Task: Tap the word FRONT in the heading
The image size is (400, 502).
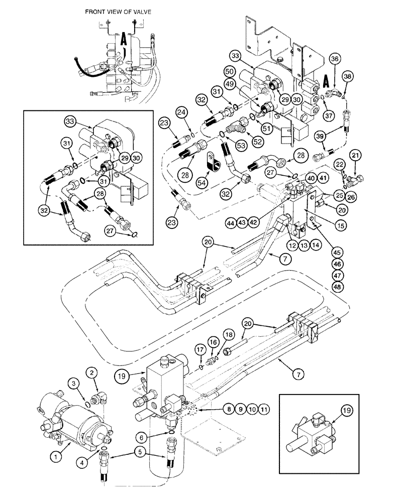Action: click(96, 11)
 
